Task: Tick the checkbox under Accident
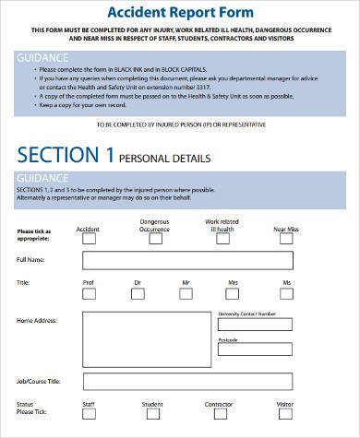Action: point(89,238)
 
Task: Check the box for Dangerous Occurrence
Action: point(155,238)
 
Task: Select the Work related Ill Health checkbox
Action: point(222,238)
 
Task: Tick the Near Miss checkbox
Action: point(287,238)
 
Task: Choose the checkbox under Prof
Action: point(89,294)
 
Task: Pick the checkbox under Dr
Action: point(138,294)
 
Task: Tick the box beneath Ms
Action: point(287,294)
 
